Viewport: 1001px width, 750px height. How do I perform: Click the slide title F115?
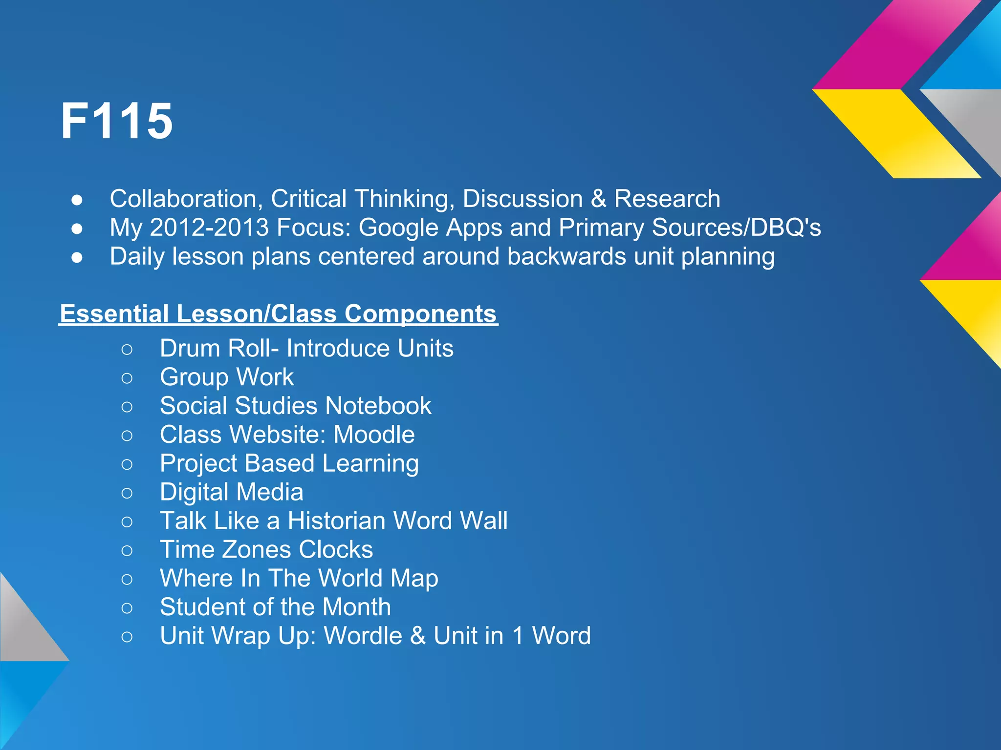116,121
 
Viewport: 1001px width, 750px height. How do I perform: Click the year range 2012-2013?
209,228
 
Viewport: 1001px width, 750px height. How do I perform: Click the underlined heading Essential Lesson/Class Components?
278,313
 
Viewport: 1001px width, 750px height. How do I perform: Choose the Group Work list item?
227,377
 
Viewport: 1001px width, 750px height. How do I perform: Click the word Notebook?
378,406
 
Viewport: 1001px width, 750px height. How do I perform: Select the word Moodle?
374,435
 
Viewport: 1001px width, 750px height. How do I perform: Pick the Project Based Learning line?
289,463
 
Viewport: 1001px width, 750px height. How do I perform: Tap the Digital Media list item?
232,492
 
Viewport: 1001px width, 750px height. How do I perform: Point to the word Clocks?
336,549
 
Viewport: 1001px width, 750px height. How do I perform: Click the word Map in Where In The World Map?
414,578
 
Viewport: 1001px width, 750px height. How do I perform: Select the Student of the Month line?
275,607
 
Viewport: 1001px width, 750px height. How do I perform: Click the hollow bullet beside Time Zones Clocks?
127,550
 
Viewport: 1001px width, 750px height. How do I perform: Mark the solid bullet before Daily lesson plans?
77,257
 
